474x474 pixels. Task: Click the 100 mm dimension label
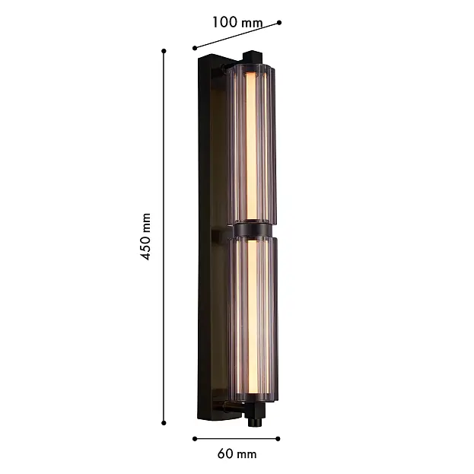click(237, 22)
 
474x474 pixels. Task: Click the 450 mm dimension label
click(145, 237)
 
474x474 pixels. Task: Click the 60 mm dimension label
click(237, 454)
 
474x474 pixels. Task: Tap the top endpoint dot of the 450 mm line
click(164, 51)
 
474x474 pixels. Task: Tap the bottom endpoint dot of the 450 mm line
click(164, 423)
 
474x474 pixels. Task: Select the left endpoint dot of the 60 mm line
click(195, 439)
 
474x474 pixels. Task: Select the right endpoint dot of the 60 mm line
click(278, 439)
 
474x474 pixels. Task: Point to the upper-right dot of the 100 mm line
click(279, 22)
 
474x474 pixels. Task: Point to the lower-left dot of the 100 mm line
click(195, 48)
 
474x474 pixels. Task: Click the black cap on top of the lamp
click(253, 57)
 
